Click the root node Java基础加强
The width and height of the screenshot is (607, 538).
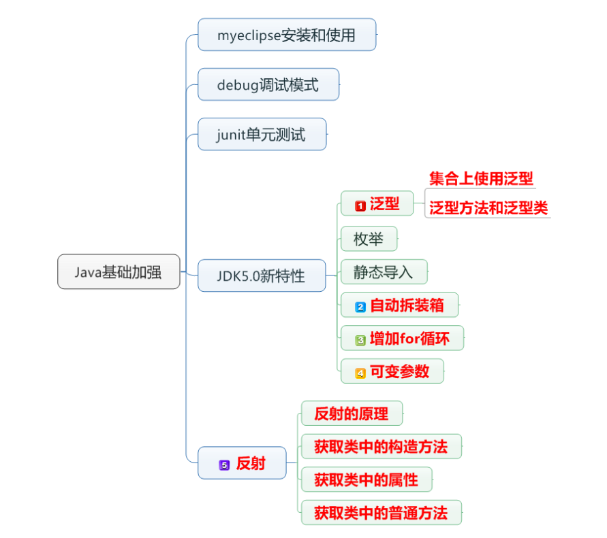[x=119, y=272]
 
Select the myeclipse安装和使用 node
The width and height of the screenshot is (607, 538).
[x=287, y=35]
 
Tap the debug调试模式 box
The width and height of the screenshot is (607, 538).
[x=268, y=85]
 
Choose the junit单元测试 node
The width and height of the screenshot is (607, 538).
[x=262, y=135]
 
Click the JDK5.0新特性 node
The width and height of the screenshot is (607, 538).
[x=262, y=276]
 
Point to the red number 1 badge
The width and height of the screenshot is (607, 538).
[x=360, y=205]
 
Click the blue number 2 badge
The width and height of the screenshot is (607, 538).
[x=360, y=307]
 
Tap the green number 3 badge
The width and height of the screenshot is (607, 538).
[x=360, y=339]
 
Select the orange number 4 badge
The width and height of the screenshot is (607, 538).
[x=360, y=373]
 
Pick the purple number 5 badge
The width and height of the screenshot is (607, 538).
[x=223, y=465]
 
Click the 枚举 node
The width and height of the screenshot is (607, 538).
[x=368, y=239]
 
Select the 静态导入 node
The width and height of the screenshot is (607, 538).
[x=384, y=272]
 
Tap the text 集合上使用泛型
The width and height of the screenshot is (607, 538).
[x=481, y=179]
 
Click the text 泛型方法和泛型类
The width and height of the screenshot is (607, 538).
[x=488, y=208]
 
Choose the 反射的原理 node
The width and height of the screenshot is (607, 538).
[x=352, y=414]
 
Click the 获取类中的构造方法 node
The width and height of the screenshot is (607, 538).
[x=381, y=447]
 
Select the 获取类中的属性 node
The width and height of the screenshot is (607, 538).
[x=366, y=480]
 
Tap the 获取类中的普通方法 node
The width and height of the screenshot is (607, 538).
[x=381, y=513]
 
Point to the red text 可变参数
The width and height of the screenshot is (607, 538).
[x=400, y=372]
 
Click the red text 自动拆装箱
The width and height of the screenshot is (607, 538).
[x=407, y=305]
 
